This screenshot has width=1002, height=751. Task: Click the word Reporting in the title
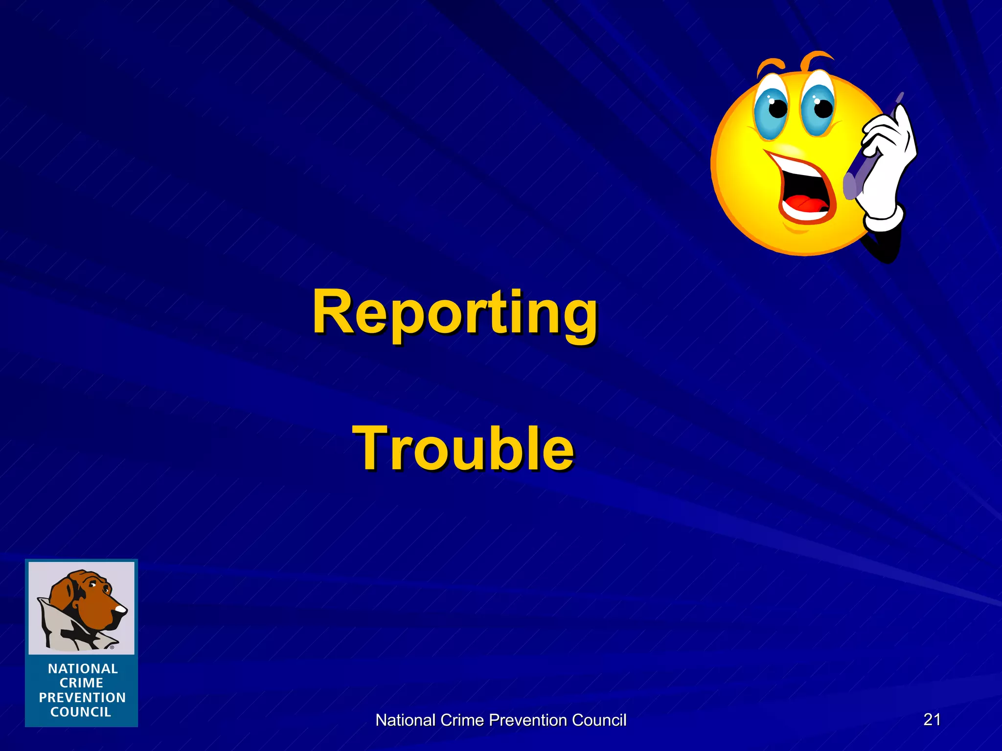[x=455, y=313]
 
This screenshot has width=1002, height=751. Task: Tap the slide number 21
[x=932, y=719]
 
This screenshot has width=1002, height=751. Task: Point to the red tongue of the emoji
[x=805, y=203]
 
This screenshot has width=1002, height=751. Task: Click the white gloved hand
[x=888, y=166]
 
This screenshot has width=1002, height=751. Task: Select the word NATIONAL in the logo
[x=83, y=668]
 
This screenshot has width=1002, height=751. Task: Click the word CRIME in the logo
[x=81, y=683]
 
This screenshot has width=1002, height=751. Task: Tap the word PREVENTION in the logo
[x=82, y=697]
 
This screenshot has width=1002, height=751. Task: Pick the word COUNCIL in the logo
[x=81, y=712]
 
